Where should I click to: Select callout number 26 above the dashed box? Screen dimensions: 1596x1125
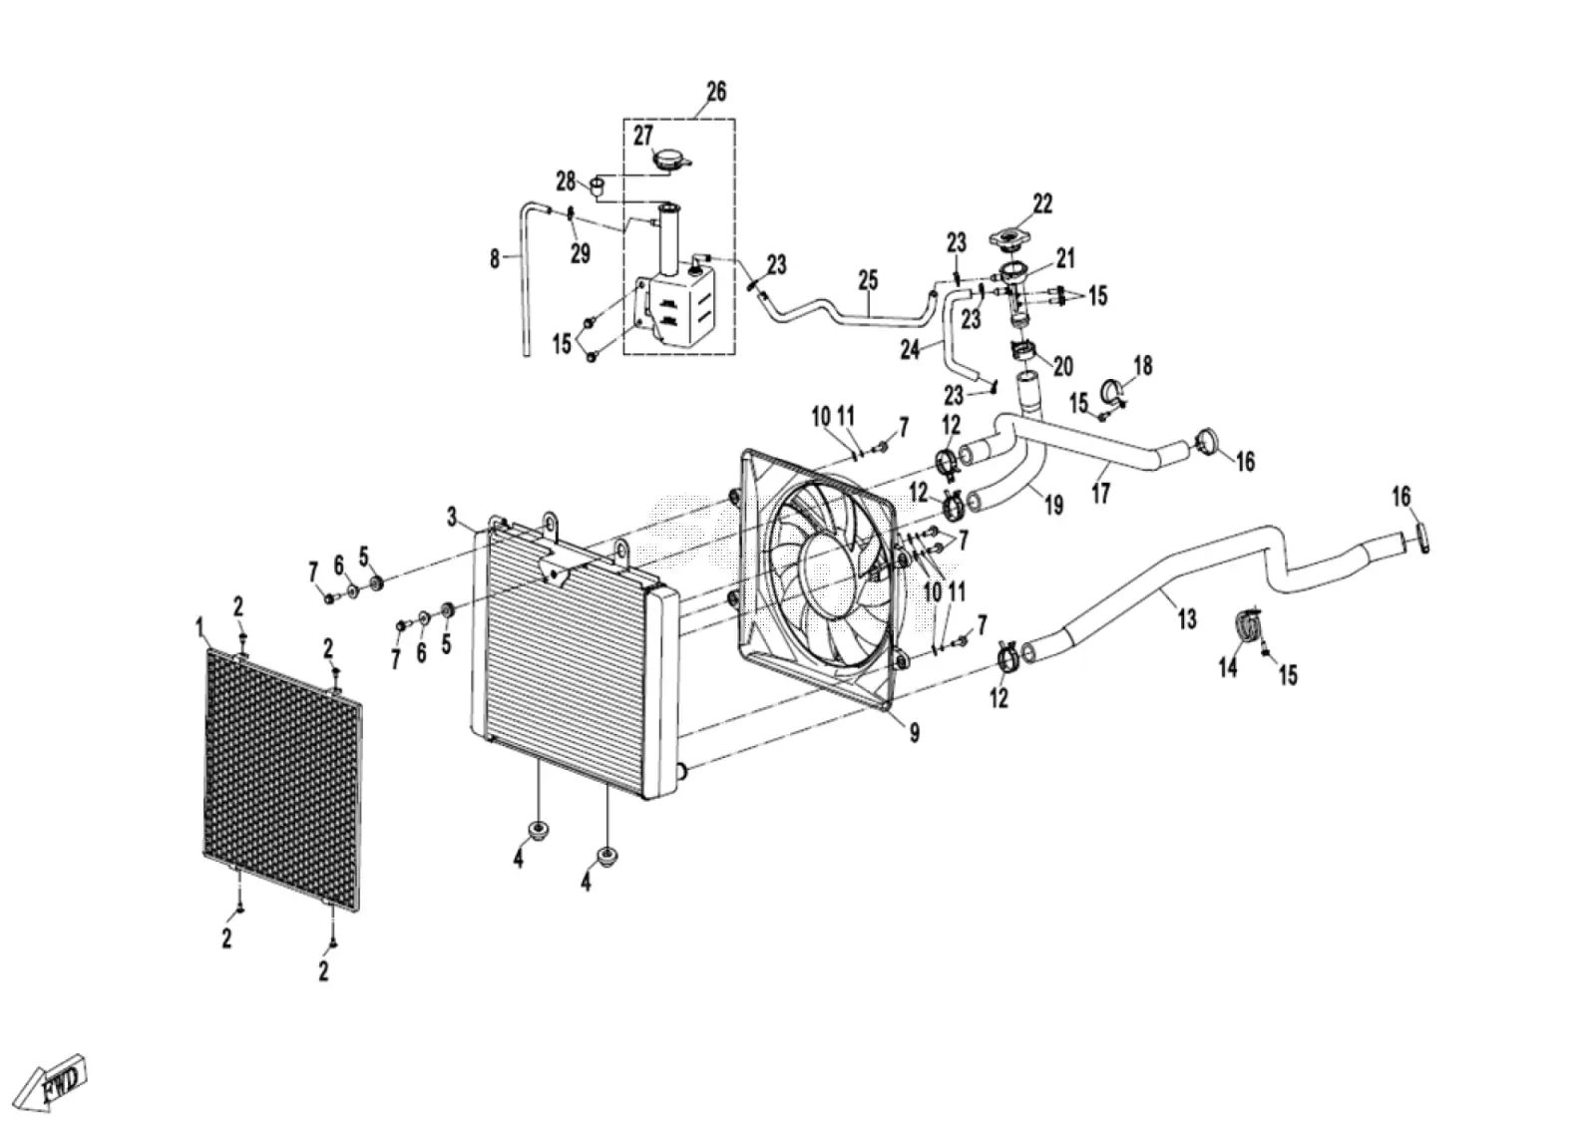(716, 92)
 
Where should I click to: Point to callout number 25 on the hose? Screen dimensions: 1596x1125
(868, 280)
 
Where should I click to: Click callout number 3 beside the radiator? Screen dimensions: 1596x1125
(452, 517)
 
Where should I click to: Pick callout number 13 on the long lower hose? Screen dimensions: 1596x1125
(1186, 619)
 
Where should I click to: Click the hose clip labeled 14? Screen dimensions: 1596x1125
(1246, 627)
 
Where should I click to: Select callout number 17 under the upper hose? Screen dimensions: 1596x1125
(1101, 493)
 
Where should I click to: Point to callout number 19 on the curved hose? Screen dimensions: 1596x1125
(1053, 505)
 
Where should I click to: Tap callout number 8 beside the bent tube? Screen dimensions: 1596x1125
(495, 259)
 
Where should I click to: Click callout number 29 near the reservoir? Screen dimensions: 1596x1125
(580, 253)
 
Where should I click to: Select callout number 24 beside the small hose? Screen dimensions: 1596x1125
(910, 350)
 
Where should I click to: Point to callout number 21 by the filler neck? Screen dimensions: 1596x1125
(1065, 258)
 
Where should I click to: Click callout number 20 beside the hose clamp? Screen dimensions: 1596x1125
(1062, 366)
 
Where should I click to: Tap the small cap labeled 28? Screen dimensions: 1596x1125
(598, 187)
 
